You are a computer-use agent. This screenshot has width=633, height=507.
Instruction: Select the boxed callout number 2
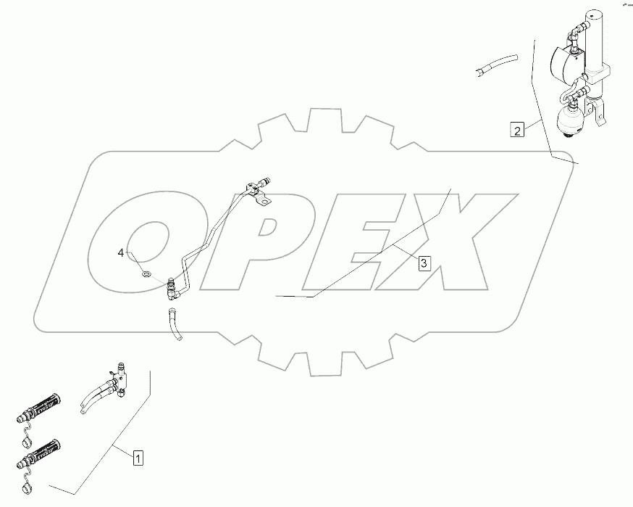[x=516, y=131]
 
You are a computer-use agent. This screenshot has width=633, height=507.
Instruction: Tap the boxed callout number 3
[x=424, y=263]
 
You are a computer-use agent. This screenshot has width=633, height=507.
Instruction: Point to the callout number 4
[x=122, y=252]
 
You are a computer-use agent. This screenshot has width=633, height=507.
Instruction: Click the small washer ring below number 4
[x=146, y=274]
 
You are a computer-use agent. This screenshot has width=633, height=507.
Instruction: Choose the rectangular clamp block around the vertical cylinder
[x=599, y=73]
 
